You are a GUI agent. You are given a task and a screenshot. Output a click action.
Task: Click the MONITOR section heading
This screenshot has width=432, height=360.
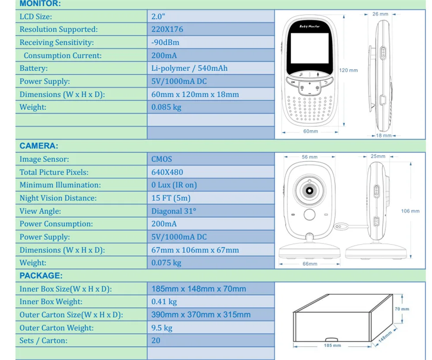(40, 3)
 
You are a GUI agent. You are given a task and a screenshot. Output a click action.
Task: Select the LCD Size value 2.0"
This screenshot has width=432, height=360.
(158, 16)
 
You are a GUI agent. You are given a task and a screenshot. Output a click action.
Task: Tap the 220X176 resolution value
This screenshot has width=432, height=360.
(167, 29)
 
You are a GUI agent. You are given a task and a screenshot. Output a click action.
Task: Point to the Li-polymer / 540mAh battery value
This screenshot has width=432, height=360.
(189, 68)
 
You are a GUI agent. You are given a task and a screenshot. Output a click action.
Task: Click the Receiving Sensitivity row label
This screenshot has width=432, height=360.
(57, 42)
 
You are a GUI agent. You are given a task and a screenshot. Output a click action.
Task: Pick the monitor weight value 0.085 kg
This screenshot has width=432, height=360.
(166, 107)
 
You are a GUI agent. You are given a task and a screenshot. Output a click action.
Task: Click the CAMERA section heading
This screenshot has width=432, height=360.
(39, 146)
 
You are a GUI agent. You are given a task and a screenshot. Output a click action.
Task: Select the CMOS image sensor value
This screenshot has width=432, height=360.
(162, 159)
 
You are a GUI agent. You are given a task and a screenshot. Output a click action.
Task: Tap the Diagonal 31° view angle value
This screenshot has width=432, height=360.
(174, 211)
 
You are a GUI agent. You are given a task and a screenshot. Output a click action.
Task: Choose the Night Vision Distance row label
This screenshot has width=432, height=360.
(58, 198)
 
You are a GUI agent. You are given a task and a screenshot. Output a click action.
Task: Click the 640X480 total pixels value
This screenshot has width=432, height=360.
(167, 172)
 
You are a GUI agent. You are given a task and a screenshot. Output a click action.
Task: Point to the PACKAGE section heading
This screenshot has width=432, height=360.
(41, 276)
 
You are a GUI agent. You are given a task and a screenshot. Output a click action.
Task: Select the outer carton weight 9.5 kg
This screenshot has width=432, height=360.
(162, 328)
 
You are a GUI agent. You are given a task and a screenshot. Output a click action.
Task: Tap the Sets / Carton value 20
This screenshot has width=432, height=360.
(156, 341)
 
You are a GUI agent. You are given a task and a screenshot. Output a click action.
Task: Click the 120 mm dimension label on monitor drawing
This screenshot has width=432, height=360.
(348, 70)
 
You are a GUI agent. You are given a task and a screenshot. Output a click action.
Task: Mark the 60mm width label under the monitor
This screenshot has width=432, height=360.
(311, 131)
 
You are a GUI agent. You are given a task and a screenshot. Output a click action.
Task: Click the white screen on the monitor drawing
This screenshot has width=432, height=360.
(310, 48)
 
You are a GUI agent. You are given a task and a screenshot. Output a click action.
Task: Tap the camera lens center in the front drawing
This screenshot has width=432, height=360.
(309, 191)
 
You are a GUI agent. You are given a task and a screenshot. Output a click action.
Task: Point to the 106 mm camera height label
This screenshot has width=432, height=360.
(410, 211)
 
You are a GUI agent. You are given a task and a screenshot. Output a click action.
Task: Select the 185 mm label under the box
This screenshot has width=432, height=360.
(332, 345)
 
